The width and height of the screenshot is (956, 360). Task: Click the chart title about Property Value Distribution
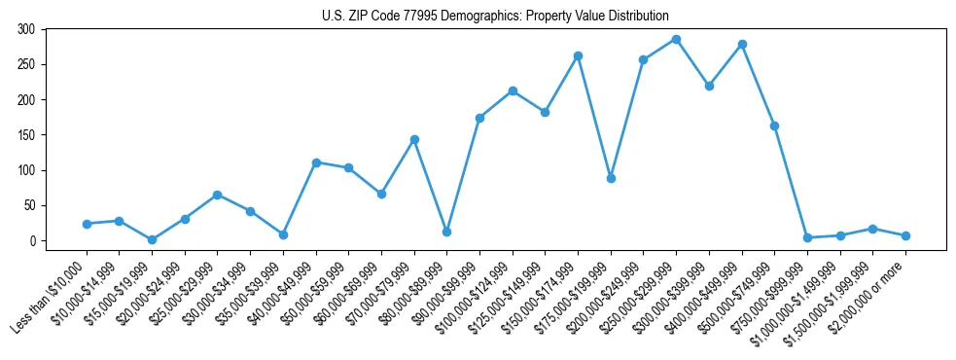(495, 16)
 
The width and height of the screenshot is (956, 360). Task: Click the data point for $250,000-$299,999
(676, 39)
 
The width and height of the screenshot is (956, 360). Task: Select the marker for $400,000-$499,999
(742, 44)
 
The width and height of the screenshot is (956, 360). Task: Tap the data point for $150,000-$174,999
(578, 55)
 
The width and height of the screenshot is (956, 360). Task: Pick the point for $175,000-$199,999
(611, 178)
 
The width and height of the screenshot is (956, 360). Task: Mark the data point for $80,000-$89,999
(446, 232)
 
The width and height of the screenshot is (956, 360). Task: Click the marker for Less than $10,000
(87, 224)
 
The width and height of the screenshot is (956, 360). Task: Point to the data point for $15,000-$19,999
(152, 239)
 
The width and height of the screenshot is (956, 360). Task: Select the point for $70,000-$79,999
(414, 139)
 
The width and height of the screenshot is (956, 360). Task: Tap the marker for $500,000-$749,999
(774, 126)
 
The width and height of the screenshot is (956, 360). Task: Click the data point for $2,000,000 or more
(905, 235)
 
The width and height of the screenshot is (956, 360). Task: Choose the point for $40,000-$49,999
(316, 162)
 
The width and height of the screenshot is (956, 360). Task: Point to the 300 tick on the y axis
(33, 29)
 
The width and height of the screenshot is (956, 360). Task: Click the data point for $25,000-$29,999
(217, 195)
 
